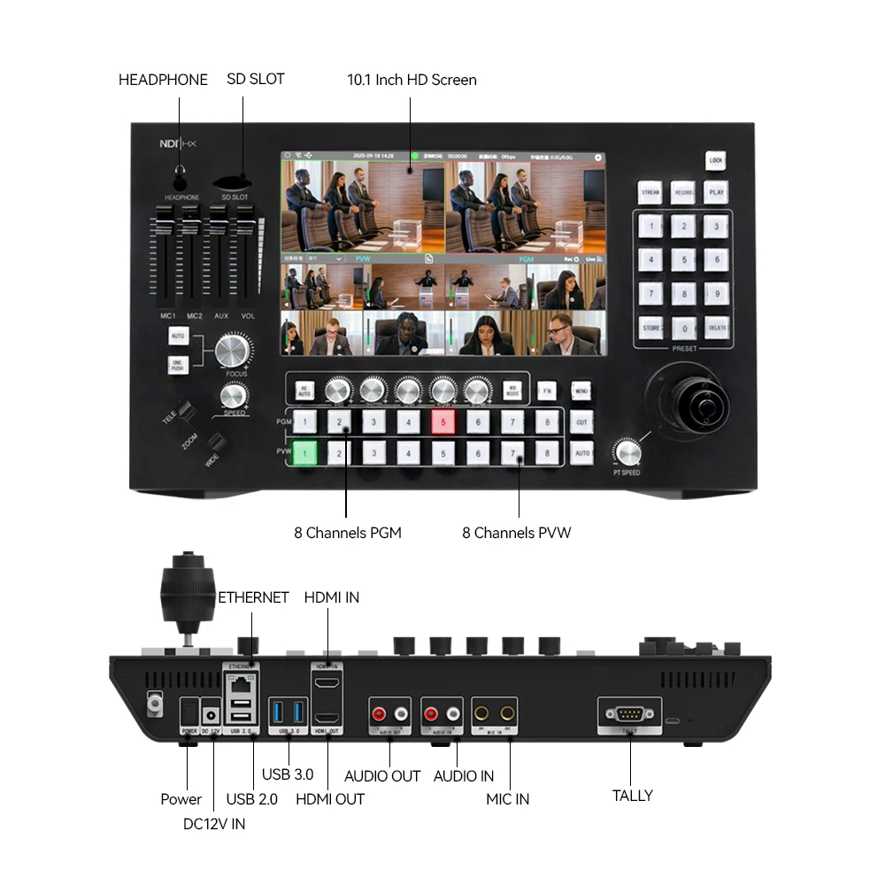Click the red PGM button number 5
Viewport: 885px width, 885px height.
[443, 422]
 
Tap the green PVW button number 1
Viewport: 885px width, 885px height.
[304, 454]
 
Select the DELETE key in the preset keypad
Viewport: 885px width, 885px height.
[717, 327]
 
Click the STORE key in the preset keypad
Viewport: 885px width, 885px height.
[651, 327]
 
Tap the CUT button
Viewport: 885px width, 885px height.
[581, 422]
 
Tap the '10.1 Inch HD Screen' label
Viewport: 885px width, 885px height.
[412, 80]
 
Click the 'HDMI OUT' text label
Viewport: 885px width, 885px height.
[330, 799]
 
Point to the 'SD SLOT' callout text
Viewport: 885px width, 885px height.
[255, 79]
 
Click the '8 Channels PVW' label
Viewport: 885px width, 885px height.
[517, 533]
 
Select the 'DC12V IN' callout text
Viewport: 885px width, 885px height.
[214, 824]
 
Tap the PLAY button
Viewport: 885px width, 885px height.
[716, 191]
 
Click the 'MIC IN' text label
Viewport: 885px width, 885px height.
[508, 799]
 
